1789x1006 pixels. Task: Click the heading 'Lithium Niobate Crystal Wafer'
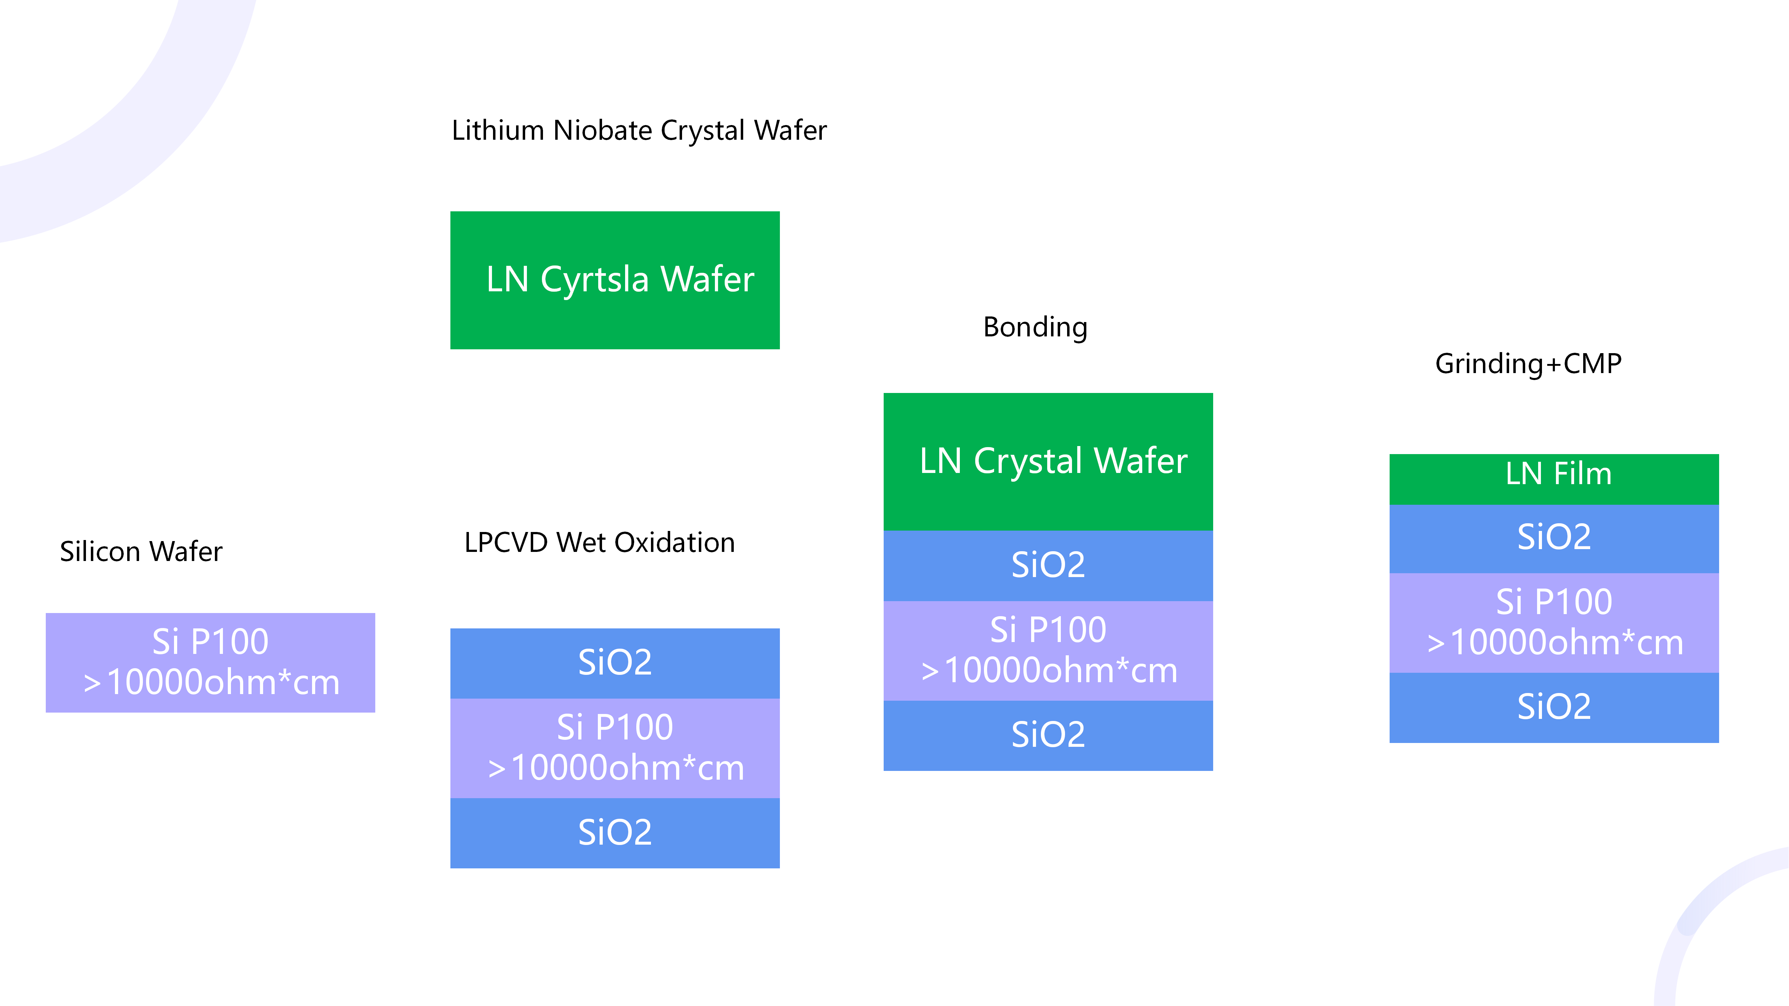pos(639,131)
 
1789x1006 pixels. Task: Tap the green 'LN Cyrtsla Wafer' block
pos(615,280)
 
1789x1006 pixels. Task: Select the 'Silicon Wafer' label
pos(141,551)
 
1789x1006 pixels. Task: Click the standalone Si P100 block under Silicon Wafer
pos(210,662)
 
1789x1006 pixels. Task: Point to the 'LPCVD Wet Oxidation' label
pos(599,542)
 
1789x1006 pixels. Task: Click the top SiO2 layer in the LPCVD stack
pos(615,663)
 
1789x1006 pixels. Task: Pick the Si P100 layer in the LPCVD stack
pos(615,748)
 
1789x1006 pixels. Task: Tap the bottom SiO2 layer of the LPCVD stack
pos(615,832)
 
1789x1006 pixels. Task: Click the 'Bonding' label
pos(1035,327)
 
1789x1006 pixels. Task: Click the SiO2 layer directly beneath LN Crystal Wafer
pos(1048,565)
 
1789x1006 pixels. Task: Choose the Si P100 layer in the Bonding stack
pos(1048,650)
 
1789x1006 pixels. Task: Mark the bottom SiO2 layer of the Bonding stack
pos(1048,735)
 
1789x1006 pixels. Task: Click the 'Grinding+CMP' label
pos(1528,364)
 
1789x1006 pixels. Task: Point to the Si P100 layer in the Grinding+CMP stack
pos(1553,622)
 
